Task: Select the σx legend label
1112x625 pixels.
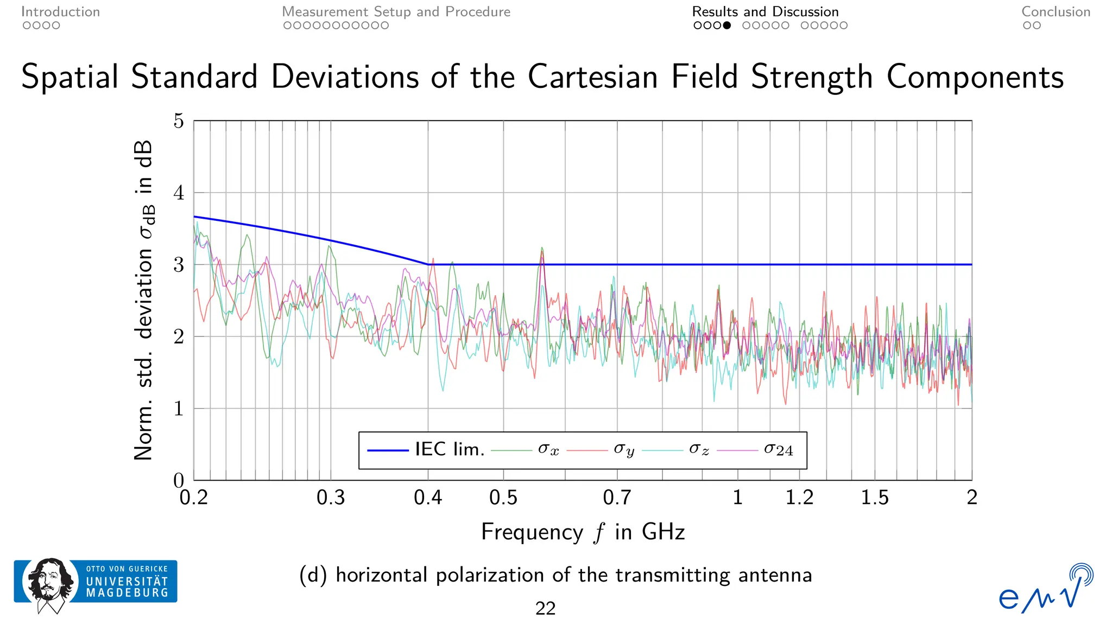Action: pos(548,449)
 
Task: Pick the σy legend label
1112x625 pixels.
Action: pos(623,449)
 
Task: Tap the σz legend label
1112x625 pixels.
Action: pos(699,449)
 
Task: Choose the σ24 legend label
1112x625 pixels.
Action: pos(778,449)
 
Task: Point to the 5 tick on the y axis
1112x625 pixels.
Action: pos(179,121)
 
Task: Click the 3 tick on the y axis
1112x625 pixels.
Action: pos(179,265)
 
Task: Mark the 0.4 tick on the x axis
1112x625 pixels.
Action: pos(428,498)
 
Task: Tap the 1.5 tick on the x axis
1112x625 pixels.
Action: pos(874,498)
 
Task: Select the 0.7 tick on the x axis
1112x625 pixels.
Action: pos(617,498)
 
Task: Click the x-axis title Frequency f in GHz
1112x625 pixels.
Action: pos(583,532)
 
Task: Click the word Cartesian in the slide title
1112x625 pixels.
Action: pos(593,76)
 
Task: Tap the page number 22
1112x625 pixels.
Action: pos(545,608)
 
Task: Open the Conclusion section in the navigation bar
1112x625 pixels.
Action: pos(1056,12)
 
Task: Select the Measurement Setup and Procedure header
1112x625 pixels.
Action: pos(396,12)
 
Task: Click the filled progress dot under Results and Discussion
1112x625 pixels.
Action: pos(727,25)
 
